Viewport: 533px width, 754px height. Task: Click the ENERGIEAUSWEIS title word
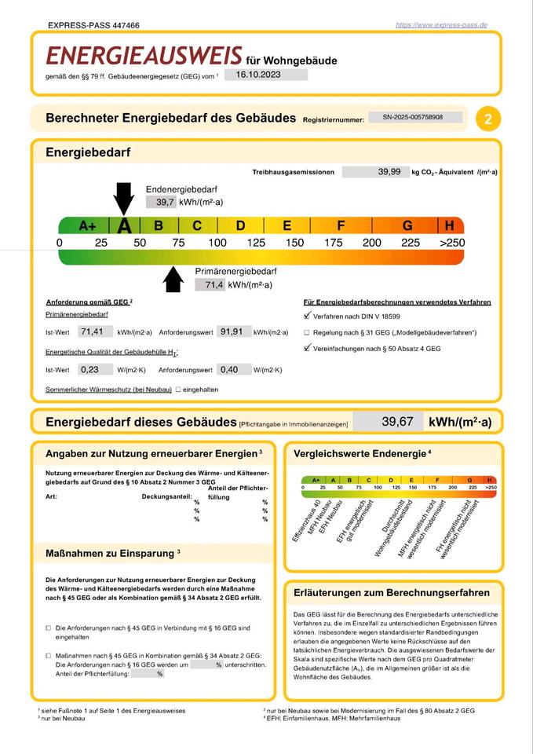[144, 55]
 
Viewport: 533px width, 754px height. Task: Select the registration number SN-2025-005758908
[412, 117]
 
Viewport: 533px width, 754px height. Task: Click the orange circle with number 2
[489, 119]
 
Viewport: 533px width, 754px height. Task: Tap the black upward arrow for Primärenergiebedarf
[172, 278]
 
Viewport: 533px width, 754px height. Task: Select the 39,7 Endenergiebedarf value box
[165, 202]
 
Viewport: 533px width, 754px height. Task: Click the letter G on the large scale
[407, 226]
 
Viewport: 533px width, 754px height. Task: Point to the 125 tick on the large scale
[256, 243]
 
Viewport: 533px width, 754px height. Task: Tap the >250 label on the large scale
[451, 243]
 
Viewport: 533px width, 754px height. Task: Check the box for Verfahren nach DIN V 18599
[307, 316]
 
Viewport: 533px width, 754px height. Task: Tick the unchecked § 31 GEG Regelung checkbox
[307, 332]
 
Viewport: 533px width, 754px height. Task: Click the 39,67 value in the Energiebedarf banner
[397, 422]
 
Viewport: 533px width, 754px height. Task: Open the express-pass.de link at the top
[441, 25]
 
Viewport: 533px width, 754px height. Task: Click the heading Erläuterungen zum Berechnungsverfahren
[391, 592]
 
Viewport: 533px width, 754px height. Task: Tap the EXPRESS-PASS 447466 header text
[93, 25]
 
